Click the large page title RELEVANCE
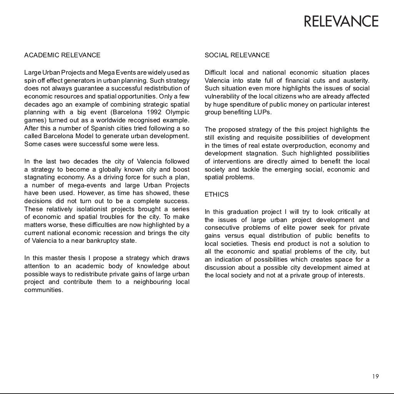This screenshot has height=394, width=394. [341, 22]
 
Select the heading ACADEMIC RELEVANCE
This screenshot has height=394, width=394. [62, 55]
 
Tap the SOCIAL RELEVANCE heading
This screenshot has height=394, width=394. [237, 55]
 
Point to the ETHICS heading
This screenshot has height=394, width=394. [217, 195]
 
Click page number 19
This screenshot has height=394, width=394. [375, 377]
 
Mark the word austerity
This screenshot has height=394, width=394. [356, 81]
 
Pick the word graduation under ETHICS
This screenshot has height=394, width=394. [243, 212]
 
